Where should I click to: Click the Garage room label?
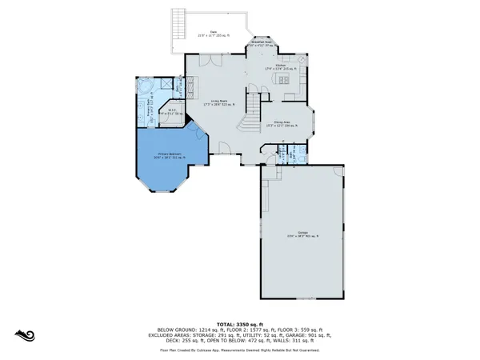tap(302, 234)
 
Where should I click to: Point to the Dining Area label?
tap(286, 122)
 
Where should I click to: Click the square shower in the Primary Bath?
tap(166, 85)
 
